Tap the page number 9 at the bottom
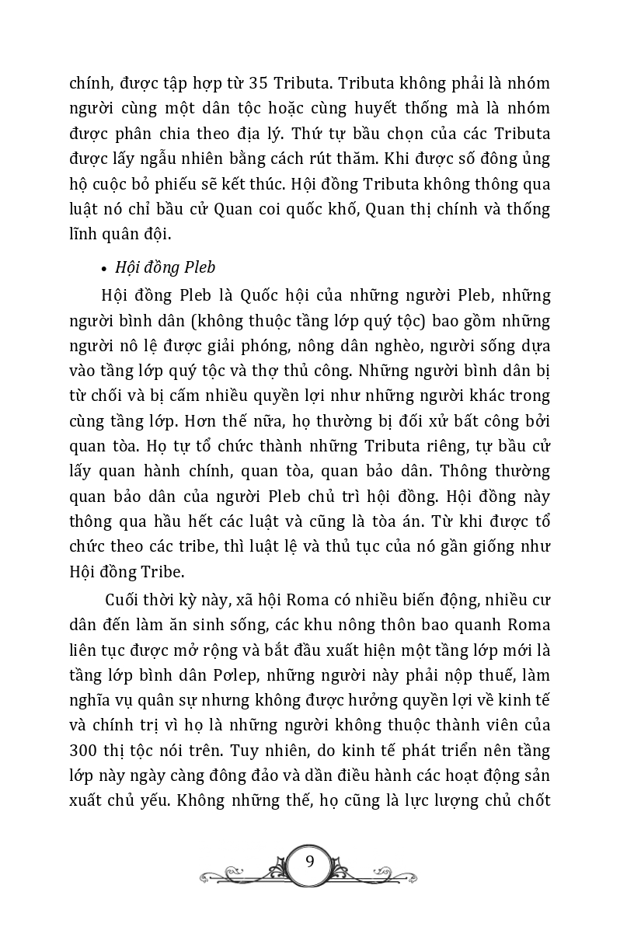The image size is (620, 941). click(x=310, y=862)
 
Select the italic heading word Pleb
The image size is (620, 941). click(x=199, y=267)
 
